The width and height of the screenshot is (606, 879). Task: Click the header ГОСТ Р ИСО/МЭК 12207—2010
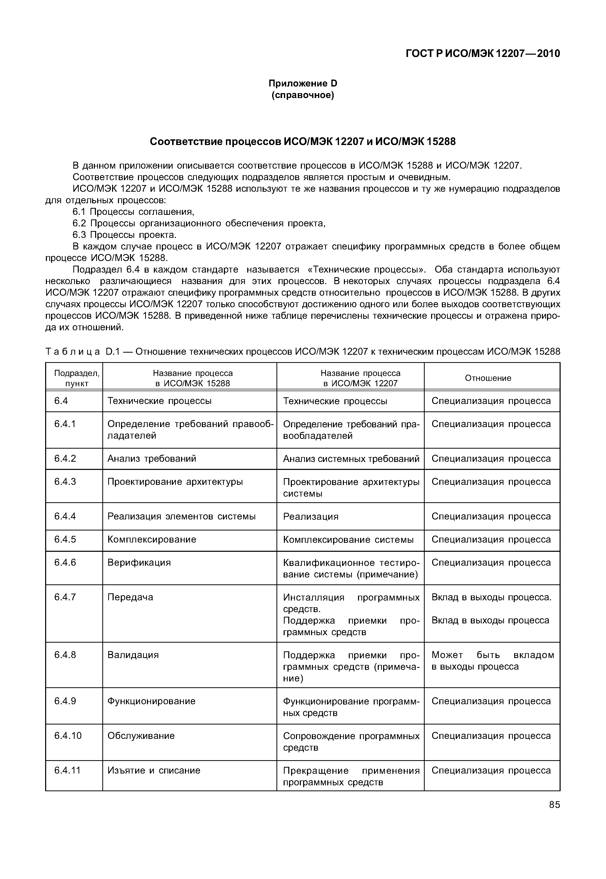click(483, 54)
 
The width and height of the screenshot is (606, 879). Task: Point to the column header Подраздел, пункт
click(77, 378)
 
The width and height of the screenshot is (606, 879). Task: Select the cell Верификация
click(139, 563)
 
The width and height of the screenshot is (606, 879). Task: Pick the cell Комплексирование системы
click(348, 540)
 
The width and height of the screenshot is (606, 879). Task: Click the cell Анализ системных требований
click(351, 459)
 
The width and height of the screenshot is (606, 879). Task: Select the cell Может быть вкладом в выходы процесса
click(492, 661)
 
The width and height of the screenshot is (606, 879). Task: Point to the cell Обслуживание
click(141, 736)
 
